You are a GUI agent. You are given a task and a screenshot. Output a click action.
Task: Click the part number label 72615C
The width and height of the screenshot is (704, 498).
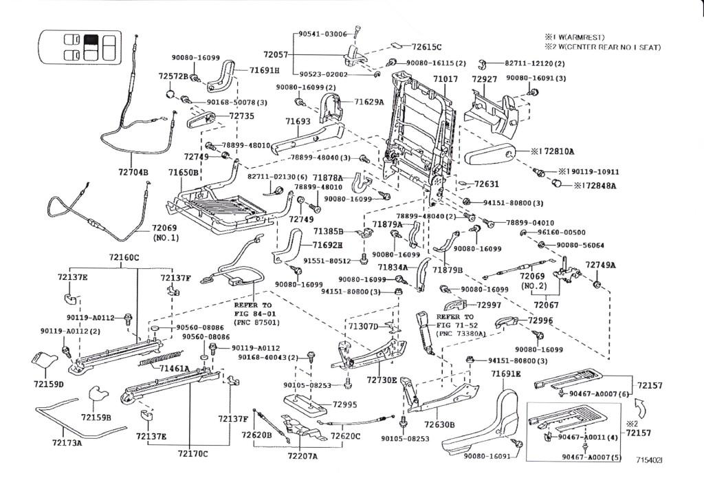426,47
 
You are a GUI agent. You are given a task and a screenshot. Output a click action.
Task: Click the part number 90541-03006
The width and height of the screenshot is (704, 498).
322,34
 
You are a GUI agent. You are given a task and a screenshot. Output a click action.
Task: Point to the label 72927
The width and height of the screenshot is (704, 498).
484,80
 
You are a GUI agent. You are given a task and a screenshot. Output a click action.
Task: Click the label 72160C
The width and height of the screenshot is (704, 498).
123,258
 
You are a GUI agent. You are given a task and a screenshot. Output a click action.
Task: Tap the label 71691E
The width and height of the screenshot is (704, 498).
506,373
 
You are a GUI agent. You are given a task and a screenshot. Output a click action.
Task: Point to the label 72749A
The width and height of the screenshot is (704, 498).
600,265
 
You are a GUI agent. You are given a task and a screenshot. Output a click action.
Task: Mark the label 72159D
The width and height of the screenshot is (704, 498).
50,383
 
